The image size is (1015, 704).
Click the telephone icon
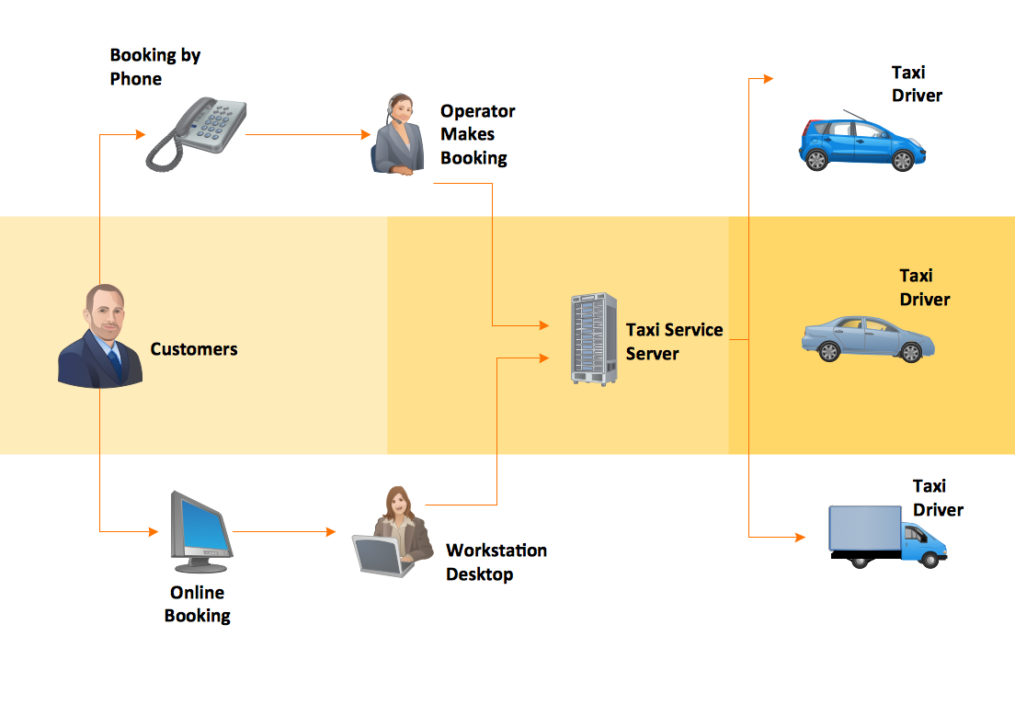point(197,134)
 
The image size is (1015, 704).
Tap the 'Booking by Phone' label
point(154,67)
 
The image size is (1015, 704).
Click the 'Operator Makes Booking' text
point(477,134)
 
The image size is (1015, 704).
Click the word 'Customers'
point(194,349)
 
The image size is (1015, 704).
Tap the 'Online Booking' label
point(197,604)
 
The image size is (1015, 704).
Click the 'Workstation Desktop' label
point(496,562)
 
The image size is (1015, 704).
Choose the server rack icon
point(594,339)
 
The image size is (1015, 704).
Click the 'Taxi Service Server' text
point(674,341)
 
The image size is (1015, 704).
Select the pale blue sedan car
point(867,338)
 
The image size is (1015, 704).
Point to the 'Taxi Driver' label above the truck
point(938,497)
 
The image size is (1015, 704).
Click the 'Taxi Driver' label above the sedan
point(925,287)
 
